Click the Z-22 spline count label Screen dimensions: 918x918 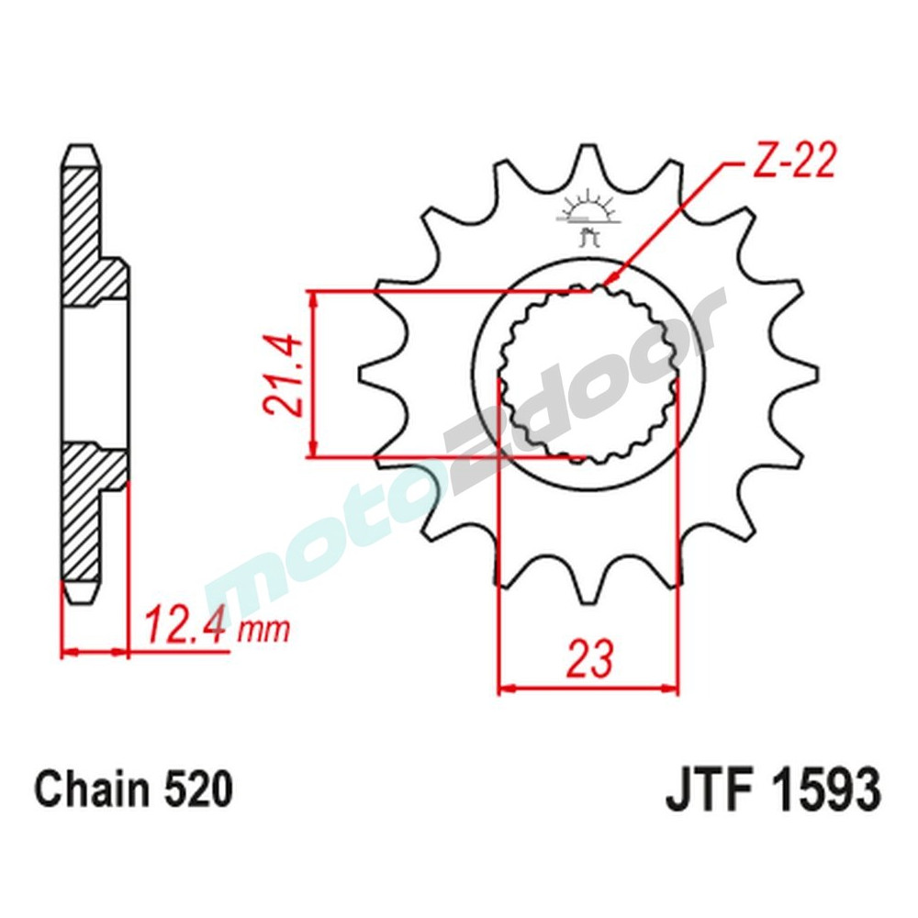pos(793,164)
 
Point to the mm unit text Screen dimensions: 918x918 pos(263,631)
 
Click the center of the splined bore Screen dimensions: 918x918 pos(588,375)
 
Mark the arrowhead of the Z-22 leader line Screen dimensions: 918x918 pos(607,283)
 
